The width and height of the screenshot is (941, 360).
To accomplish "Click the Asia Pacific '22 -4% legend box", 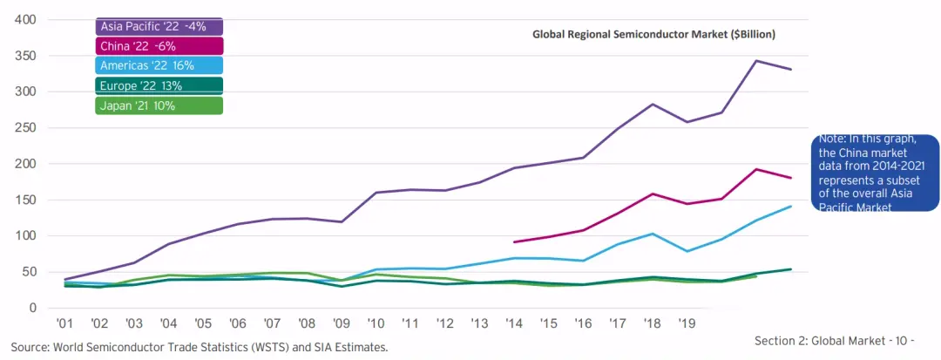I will point(159,26).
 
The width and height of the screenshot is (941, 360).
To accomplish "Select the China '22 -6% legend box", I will point(159,46).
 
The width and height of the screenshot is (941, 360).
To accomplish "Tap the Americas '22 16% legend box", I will point(159,65).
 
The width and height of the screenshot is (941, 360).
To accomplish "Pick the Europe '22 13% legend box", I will point(159,85).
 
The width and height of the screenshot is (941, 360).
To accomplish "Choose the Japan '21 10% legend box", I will point(159,105).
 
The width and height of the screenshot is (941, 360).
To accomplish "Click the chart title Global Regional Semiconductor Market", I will point(653,34).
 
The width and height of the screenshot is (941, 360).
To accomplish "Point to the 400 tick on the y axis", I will point(25,19).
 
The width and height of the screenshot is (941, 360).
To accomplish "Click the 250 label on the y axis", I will point(25,128).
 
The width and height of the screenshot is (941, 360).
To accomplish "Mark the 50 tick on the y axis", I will point(29,272).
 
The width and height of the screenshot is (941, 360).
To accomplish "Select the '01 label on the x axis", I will point(64,323).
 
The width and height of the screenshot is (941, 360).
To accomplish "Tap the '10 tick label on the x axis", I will point(376,323).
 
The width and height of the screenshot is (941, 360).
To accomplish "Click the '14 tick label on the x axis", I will point(515,323).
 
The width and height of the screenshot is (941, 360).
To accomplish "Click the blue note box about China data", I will point(874,173).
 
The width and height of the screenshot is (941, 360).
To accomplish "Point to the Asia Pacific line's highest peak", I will point(755,61).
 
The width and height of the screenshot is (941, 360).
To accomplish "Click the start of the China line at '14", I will point(515,242).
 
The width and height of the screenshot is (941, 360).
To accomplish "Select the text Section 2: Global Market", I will point(819,342).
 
